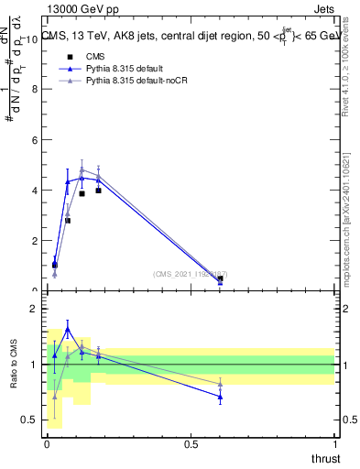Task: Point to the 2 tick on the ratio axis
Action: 36,309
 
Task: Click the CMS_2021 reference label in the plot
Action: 191,274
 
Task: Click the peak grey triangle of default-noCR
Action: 82,169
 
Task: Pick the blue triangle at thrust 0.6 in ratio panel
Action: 220,397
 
